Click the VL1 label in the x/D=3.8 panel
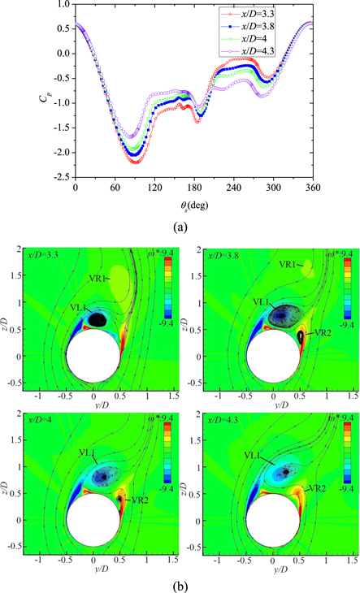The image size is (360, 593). coord(261,301)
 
